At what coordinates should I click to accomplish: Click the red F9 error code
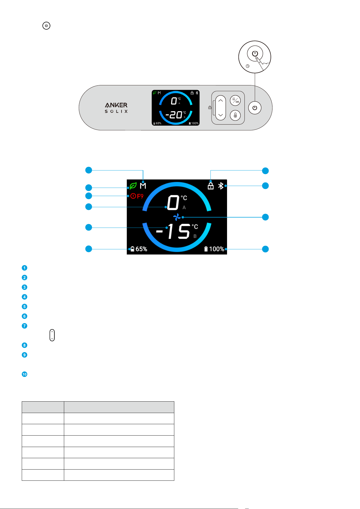tap(140, 196)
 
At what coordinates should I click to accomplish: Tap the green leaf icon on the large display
tap(133, 186)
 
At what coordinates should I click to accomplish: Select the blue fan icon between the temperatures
tap(177, 217)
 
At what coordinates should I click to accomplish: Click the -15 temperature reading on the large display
tap(173, 231)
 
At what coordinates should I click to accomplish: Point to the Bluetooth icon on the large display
tap(221, 186)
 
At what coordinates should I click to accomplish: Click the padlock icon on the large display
tap(210, 186)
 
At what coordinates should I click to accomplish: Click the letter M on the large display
tap(143, 186)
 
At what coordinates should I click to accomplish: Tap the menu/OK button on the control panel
tap(235, 101)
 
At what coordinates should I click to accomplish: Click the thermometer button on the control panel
tap(235, 115)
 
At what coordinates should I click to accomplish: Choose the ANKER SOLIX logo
tap(116, 108)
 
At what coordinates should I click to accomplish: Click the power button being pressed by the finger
tap(255, 53)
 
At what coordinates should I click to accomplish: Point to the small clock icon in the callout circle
tap(248, 66)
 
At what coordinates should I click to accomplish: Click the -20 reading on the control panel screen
tap(174, 115)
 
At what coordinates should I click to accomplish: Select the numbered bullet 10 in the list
tap(24, 374)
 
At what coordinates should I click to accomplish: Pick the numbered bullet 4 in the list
tap(24, 297)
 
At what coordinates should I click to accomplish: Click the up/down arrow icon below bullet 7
tap(52, 335)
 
